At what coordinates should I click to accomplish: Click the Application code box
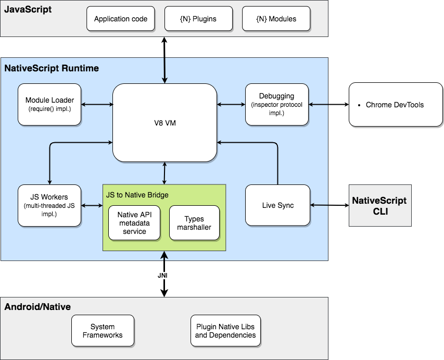pos(121,19)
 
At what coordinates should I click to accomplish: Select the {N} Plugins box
pos(198,19)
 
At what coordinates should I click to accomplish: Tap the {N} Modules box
pos(276,19)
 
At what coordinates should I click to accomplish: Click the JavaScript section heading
pos(28,9)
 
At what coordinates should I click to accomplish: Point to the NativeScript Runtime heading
pos(52,68)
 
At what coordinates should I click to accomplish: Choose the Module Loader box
pos(49,104)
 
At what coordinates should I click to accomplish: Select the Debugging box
pos(276,104)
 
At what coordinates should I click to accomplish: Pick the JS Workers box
pos(49,205)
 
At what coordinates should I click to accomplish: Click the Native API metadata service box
pos(135,223)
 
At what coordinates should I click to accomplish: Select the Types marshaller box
pos(194,223)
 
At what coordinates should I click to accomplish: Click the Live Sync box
pos(277,205)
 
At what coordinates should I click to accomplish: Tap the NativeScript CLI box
pos(379,205)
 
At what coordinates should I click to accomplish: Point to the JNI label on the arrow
pos(164,275)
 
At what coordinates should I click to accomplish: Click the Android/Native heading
pos(37,307)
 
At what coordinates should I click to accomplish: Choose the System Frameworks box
pos(103,331)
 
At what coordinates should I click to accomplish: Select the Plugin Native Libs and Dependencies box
pos(225,331)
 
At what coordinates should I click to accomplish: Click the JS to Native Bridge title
pos(137,195)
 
